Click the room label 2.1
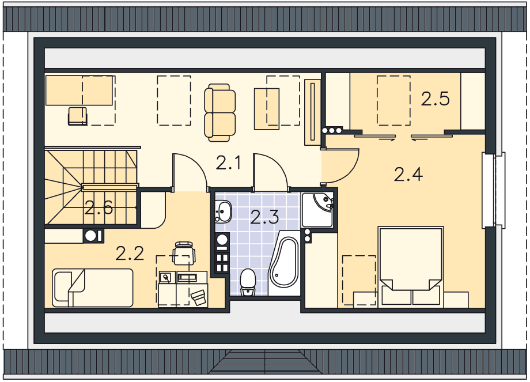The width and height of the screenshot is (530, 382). pyautogui.click(x=228, y=163)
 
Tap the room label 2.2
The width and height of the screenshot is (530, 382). pyautogui.click(x=130, y=254)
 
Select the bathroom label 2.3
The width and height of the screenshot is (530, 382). pyautogui.click(x=264, y=217)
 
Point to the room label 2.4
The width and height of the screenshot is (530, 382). pyautogui.click(x=408, y=175)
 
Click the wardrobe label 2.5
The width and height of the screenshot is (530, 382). pyautogui.click(x=436, y=99)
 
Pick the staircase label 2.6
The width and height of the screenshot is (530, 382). pyautogui.click(x=99, y=207)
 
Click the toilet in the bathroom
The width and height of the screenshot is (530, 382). pyautogui.click(x=248, y=282)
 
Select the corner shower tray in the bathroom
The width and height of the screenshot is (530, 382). pyautogui.click(x=318, y=210)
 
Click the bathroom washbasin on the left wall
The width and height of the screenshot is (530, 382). pyautogui.click(x=223, y=211)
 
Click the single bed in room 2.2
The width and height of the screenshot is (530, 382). pyautogui.click(x=93, y=288)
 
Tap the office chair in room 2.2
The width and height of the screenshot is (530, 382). pyautogui.click(x=184, y=253)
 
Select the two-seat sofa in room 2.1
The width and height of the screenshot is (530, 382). pyautogui.click(x=220, y=112)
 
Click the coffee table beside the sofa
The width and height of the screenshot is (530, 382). pyautogui.click(x=267, y=109)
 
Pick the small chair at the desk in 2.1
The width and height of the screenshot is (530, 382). pyautogui.click(x=78, y=116)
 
